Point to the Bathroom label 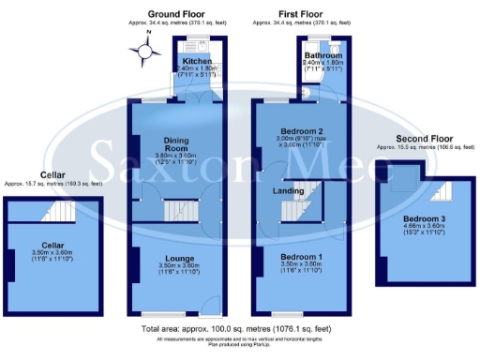322,56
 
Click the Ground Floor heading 176,14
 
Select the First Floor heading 301,14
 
